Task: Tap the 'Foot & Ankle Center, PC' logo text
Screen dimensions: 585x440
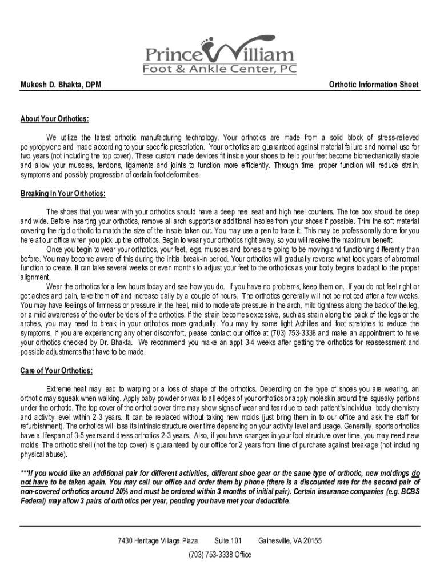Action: pyautogui.click(x=219, y=70)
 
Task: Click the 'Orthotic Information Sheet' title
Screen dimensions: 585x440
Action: pyautogui.click(x=374, y=85)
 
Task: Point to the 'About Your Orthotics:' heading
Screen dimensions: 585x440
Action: pyautogui.click(x=55, y=119)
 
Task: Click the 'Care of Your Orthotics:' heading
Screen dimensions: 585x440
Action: pyautogui.click(x=57, y=371)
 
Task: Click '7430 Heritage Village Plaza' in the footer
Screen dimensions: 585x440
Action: pyautogui.click(x=158, y=541)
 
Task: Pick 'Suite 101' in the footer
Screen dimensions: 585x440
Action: pyautogui.click(x=228, y=541)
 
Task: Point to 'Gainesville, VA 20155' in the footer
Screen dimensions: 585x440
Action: pyautogui.click(x=290, y=541)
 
